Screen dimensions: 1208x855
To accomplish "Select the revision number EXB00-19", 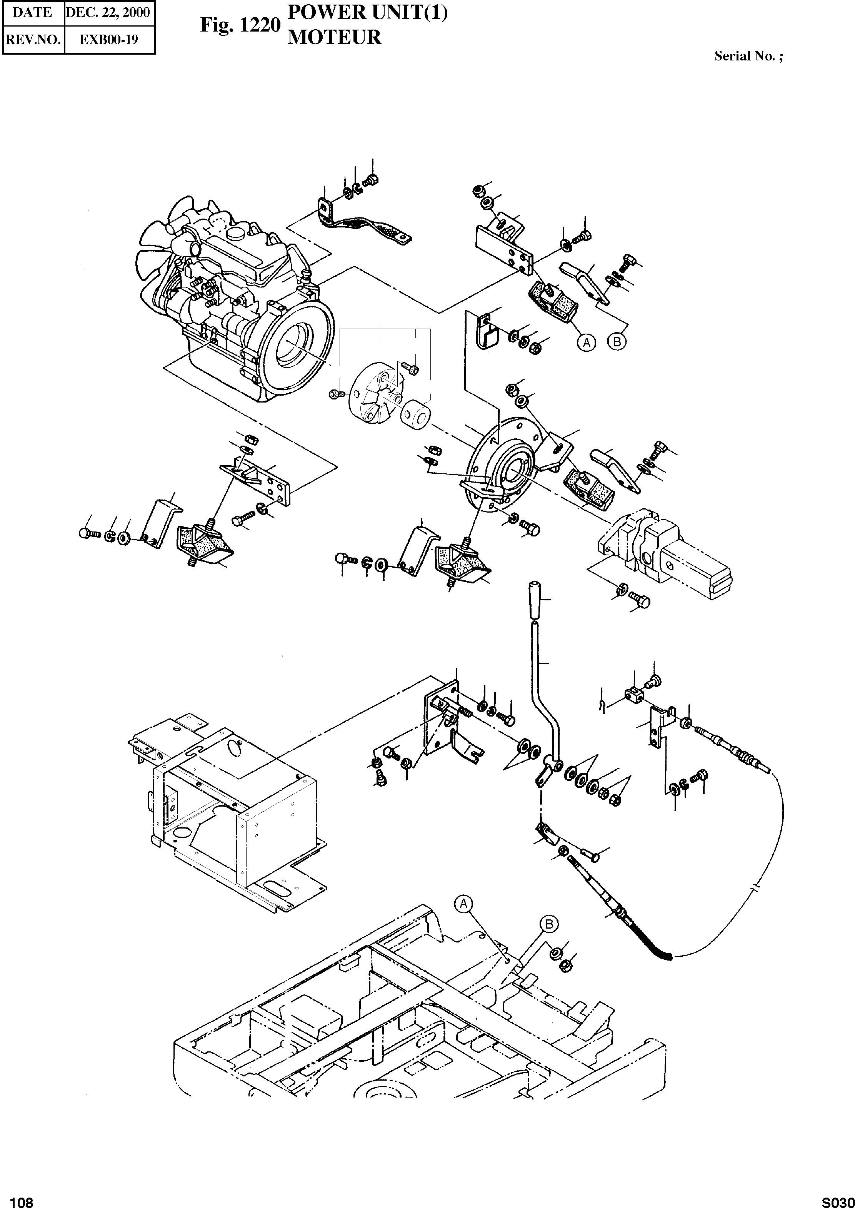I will (109, 40).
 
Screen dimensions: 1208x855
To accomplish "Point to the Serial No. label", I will (748, 56).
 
